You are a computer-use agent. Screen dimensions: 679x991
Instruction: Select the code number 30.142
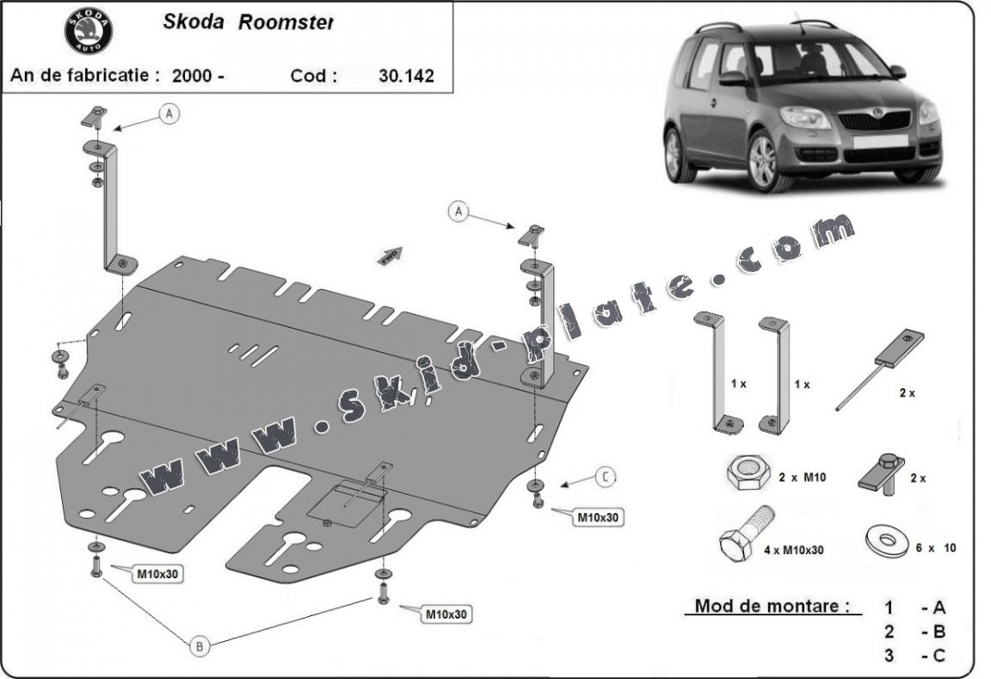click(x=406, y=75)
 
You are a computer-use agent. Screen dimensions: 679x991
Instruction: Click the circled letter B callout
click(x=200, y=646)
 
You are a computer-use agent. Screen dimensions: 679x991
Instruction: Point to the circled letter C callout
click(x=606, y=476)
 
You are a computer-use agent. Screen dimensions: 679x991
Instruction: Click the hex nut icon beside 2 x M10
click(x=743, y=473)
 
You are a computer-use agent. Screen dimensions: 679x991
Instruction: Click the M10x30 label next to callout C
click(x=599, y=517)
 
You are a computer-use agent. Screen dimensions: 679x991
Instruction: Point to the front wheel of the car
click(x=763, y=161)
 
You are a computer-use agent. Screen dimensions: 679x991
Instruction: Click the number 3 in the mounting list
click(x=889, y=656)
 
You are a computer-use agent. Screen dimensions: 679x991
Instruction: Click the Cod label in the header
click(x=313, y=75)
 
